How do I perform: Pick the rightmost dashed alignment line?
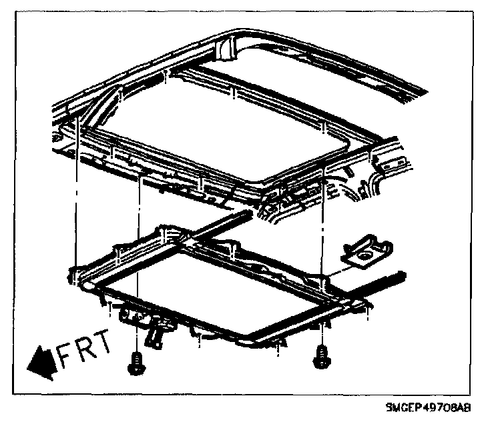[x=322, y=220]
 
